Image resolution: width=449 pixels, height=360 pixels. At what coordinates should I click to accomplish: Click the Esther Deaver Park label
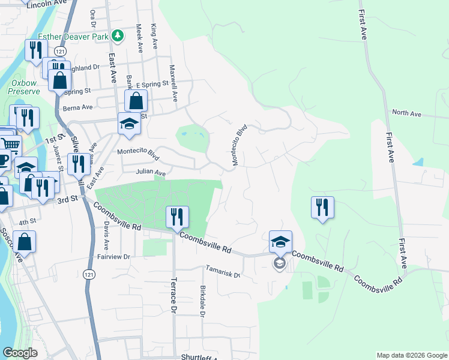coord(73,37)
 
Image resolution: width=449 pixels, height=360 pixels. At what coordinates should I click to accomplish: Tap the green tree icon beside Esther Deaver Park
coord(118,36)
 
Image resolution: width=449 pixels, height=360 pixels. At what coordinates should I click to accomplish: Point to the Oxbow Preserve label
coord(25,87)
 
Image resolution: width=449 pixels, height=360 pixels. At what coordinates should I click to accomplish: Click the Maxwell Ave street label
coord(174,83)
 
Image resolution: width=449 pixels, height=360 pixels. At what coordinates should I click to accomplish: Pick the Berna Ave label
coord(79,108)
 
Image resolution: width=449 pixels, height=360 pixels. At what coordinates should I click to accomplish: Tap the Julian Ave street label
coord(151,173)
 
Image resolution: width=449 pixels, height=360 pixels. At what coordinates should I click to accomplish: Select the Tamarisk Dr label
coord(223,271)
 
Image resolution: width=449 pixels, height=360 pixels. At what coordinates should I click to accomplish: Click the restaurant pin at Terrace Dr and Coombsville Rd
coord(178,217)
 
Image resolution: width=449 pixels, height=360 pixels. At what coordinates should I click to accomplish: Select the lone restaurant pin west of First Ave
coord(322,208)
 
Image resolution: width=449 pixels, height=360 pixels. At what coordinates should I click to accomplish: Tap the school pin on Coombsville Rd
coord(280,242)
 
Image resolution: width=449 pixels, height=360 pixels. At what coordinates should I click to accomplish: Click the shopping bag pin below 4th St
coord(25,242)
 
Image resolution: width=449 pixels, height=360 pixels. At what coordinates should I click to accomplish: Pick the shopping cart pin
coord(10,145)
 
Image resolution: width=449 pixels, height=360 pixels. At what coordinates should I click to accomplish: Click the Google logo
coord(20,352)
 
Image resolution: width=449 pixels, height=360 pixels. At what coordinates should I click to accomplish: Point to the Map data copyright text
coord(411,355)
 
